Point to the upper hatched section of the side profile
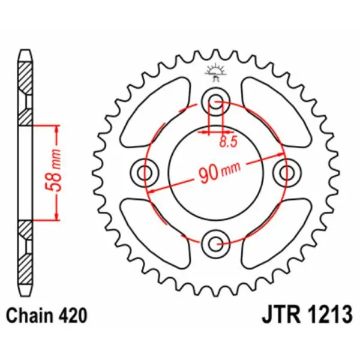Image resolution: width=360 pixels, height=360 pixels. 25,90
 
